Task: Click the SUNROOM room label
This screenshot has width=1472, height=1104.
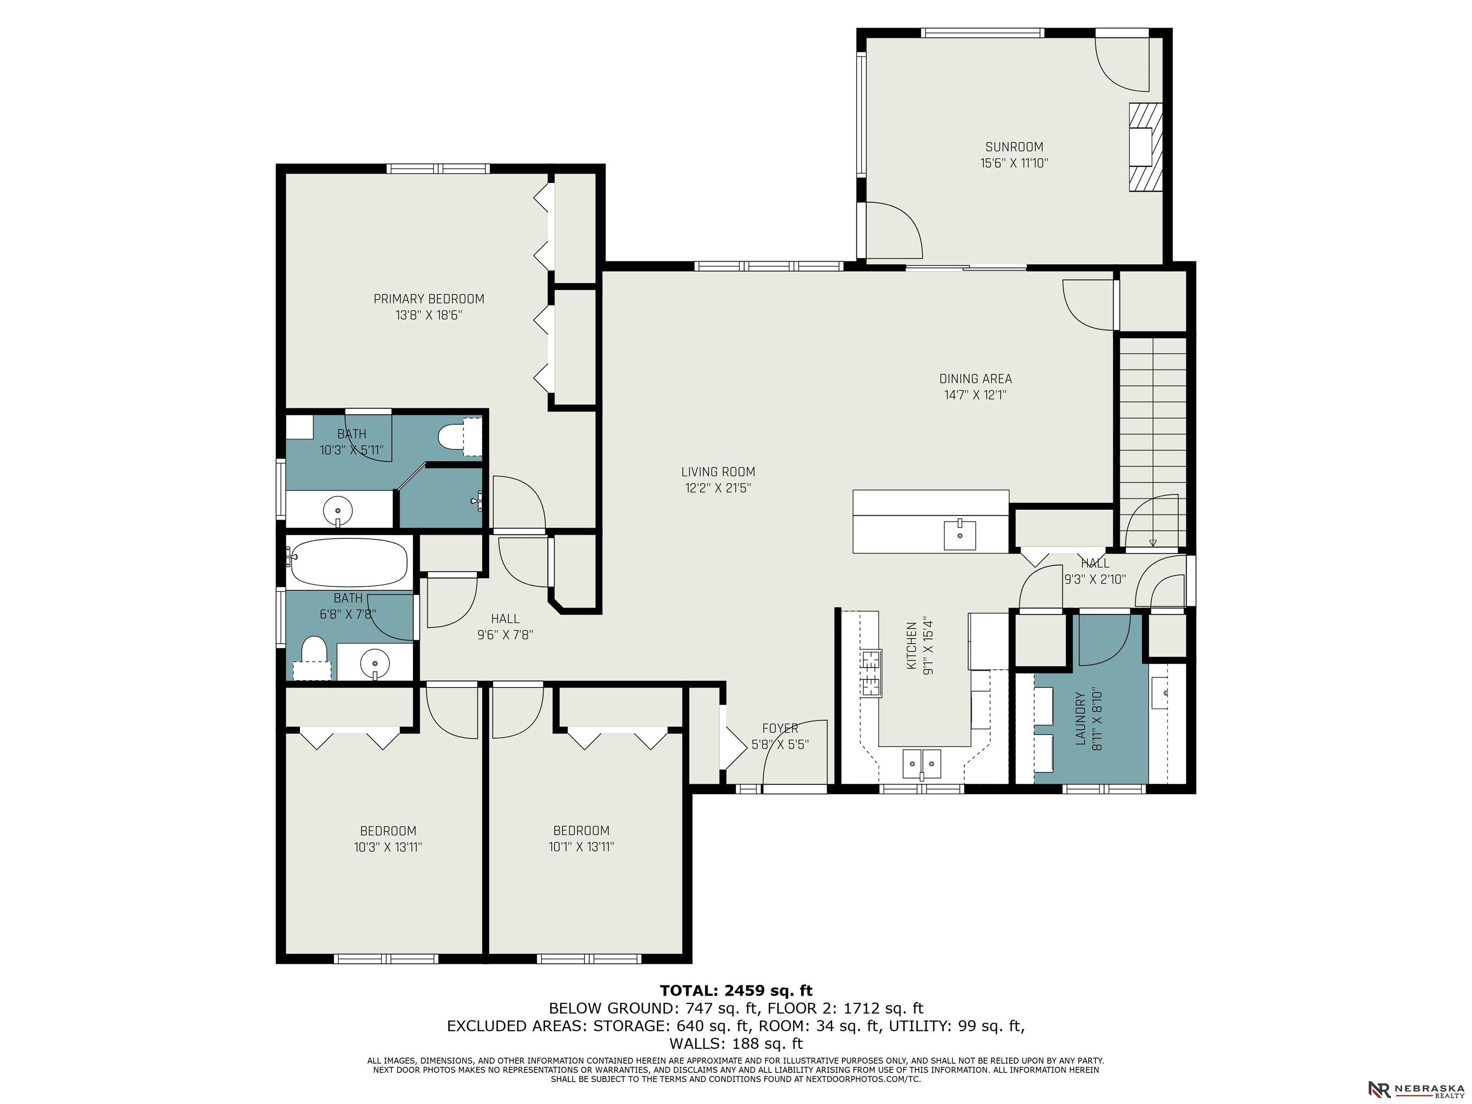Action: tap(1014, 147)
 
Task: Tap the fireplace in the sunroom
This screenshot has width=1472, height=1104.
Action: tap(1145, 147)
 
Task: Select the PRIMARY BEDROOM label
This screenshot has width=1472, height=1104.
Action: tap(428, 299)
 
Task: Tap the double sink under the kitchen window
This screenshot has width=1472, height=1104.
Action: tap(921, 764)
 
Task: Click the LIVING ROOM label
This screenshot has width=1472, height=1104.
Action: tap(718, 472)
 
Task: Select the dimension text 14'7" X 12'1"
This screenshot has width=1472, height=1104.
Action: tap(976, 395)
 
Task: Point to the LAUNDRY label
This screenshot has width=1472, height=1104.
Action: tap(1080, 719)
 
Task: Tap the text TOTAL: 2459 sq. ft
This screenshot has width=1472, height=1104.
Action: tap(736, 991)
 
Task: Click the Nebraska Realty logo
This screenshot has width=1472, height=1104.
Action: tap(1416, 1071)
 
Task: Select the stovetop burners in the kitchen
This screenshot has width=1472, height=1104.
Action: tap(871, 673)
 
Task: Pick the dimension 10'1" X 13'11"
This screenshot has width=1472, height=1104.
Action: tap(581, 847)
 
